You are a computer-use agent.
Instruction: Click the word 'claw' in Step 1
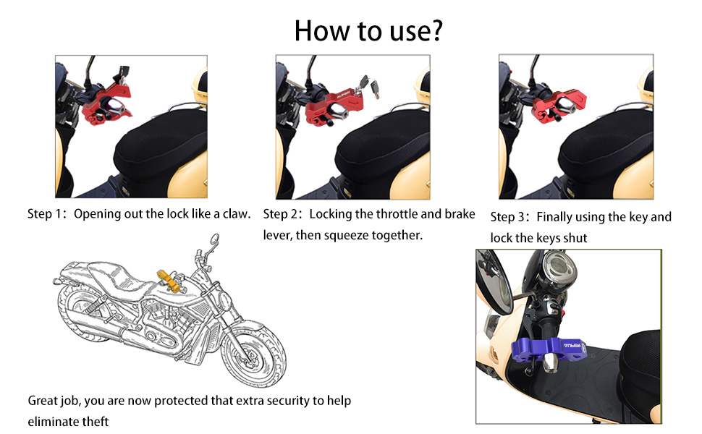[235, 214]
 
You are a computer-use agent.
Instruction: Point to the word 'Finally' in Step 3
[554, 217]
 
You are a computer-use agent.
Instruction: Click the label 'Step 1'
[46, 214]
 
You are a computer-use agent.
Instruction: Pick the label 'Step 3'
[509, 217]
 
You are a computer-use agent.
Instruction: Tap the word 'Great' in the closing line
[43, 401]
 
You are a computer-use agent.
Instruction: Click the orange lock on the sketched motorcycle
[169, 281]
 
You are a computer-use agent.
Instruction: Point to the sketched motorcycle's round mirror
[215, 239]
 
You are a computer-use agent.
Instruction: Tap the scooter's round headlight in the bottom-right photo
[558, 267]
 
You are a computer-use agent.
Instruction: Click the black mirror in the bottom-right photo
[494, 282]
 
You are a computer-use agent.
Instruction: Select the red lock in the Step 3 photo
[558, 106]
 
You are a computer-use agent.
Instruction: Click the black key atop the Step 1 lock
[122, 73]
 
